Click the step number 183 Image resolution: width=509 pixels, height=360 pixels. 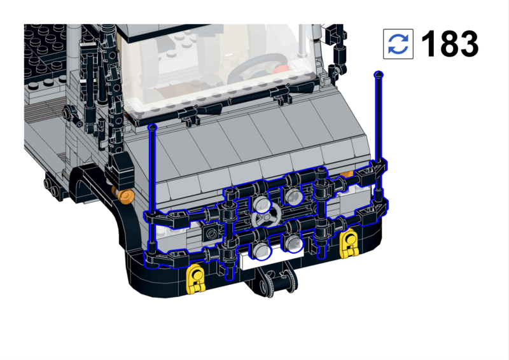click(x=450, y=44)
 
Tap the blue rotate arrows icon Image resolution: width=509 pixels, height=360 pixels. click(x=398, y=44)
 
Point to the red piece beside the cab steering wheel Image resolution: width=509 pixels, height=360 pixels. click(x=280, y=69)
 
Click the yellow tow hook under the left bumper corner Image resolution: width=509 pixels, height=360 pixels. click(x=196, y=278)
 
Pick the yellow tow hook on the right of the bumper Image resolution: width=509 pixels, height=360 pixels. click(x=349, y=244)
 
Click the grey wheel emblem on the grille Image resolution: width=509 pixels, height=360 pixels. click(x=267, y=215)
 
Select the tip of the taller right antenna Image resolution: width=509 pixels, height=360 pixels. click(x=378, y=74)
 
